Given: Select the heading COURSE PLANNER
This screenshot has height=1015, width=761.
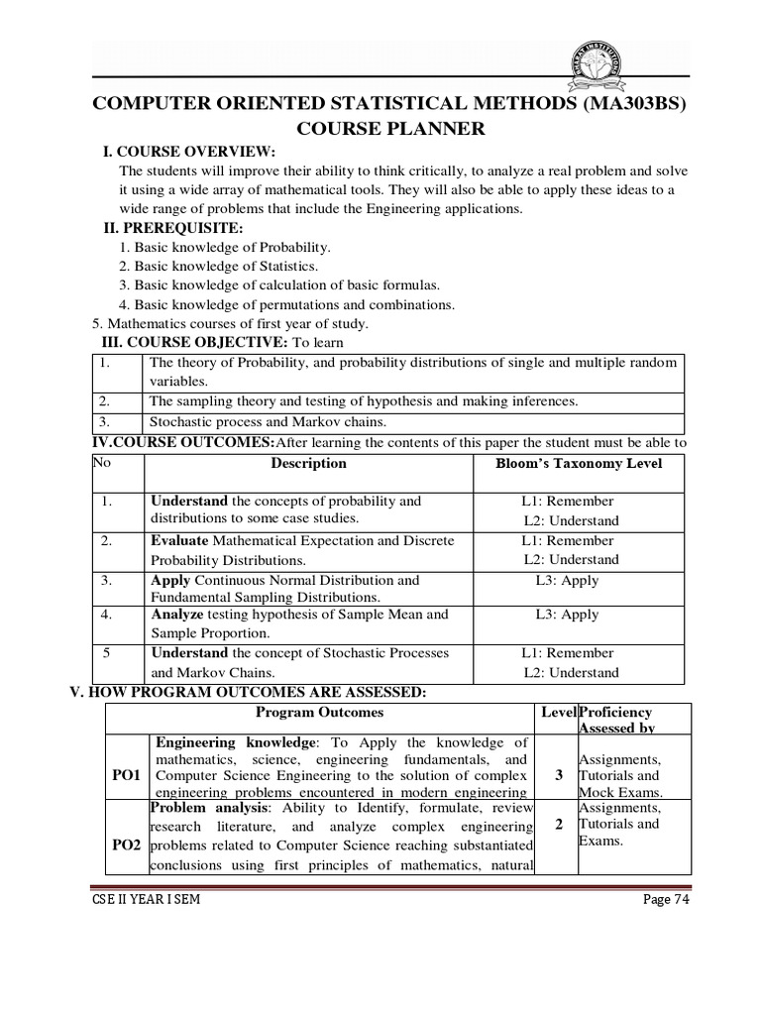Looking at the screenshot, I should click(x=389, y=129).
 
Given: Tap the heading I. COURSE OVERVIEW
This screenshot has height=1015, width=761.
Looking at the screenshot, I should click(x=189, y=151).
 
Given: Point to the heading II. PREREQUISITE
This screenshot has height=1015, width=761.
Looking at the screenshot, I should click(x=173, y=228).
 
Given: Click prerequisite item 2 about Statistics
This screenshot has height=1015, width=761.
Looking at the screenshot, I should click(x=218, y=267).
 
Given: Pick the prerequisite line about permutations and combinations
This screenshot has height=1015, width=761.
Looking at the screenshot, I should click(x=286, y=304).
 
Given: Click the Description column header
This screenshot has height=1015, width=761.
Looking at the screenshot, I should click(x=309, y=463).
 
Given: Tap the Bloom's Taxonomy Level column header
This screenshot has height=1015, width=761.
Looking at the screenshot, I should click(x=578, y=463).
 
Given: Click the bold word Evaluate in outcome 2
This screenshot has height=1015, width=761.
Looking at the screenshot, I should click(x=179, y=540).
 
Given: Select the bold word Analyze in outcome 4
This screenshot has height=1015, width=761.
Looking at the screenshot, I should click(x=177, y=615).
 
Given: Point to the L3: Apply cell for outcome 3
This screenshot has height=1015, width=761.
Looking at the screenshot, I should click(x=567, y=580).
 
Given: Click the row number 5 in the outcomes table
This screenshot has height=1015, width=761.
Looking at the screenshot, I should click(x=106, y=653).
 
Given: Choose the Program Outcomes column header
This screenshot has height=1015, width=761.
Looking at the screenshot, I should click(x=319, y=712).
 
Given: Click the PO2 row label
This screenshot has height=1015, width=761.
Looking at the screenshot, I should click(x=126, y=845).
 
